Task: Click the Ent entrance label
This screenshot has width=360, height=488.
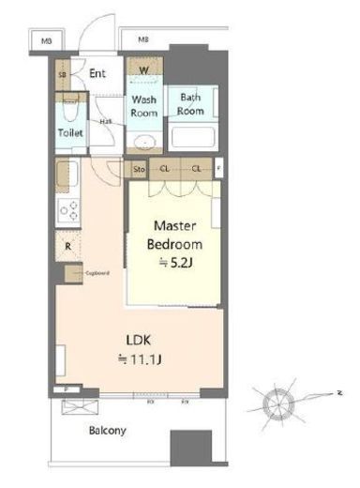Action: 97,73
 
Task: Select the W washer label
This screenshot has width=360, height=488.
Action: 145,69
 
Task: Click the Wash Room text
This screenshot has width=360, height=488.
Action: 143,105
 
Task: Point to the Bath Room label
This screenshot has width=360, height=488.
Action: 191,104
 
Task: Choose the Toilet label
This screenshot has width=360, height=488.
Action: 70,133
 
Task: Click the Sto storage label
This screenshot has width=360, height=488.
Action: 139,171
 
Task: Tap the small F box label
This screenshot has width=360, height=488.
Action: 219,170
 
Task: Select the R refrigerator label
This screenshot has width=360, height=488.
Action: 68,247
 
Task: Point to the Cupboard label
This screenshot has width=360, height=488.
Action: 97,273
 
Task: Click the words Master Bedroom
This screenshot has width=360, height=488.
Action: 173,236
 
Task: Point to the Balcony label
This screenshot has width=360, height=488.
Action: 109,431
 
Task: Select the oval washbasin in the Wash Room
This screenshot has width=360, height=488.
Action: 143,143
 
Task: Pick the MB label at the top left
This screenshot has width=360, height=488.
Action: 44,41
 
